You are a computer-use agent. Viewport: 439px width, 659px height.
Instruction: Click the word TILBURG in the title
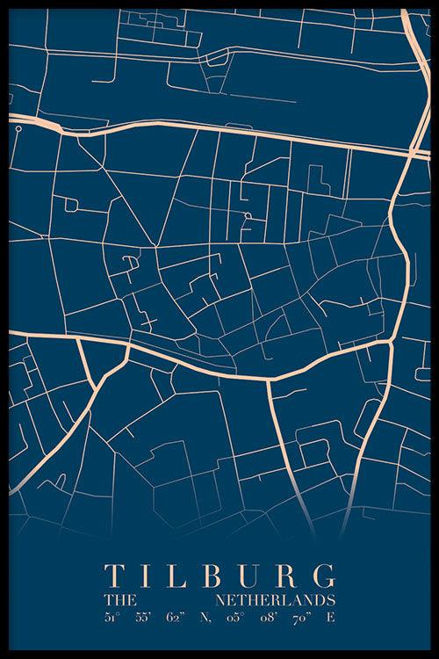(x=219, y=576)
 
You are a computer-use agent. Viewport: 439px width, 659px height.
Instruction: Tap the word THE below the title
(x=119, y=600)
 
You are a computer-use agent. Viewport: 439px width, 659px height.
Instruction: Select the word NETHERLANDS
(x=275, y=600)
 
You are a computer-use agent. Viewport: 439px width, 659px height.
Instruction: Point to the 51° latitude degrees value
(x=112, y=618)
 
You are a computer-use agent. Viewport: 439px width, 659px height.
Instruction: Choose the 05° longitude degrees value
(x=233, y=618)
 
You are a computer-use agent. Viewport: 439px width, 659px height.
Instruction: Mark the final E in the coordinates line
(x=330, y=618)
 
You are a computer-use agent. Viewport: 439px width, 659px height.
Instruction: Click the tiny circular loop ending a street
(x=18, y=128)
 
